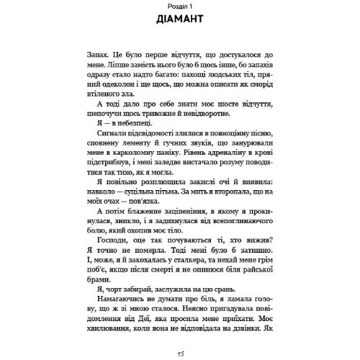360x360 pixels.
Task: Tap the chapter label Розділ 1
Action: pyautogui.click(x=180, y=6)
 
